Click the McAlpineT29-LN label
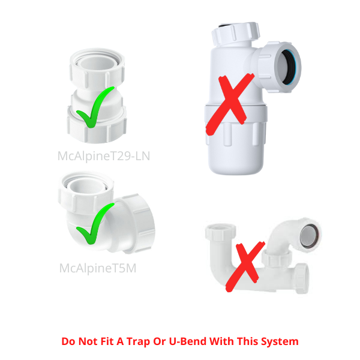pyautogui.click(x=104, y=156)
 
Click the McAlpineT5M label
pyautogui.click(x=98, y=268)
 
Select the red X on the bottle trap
pyautogui.click(x=230, y=104)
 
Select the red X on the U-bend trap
pyautogui.click(x=245, y=266)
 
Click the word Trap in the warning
pyautogui.click(x=138, y=341)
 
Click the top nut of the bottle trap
pyautogui.click(x=235, y=34)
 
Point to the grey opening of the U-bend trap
pyautogui.click(x=309, y=236)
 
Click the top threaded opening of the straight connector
pyautogui.click(x=97, y=59)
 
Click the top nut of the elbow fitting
pyautogui.click(x=86, y=193)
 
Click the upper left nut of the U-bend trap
pyautogui.click(x=221, y=232)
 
